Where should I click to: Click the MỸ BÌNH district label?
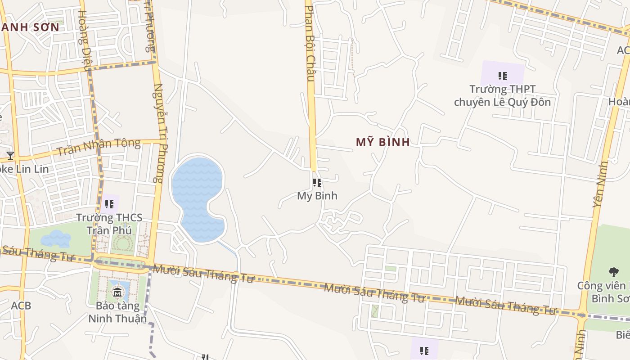[383, 143]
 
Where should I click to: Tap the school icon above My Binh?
[317, 183]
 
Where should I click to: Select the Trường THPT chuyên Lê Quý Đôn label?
[502, 95]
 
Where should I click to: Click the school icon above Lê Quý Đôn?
[503, 76]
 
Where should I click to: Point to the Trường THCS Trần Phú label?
[109, 224]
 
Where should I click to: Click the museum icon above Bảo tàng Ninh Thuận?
[117, 293]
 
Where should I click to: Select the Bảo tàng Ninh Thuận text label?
[117, 312]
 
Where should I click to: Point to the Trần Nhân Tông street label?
[99, 147]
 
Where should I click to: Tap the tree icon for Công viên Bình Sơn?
[613, 272]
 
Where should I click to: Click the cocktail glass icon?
[10, 156]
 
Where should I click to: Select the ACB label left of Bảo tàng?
[21, 306]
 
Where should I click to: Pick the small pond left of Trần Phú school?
[56, 238]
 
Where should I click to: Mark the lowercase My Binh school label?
[317, 196]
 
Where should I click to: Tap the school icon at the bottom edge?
[424, 350]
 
